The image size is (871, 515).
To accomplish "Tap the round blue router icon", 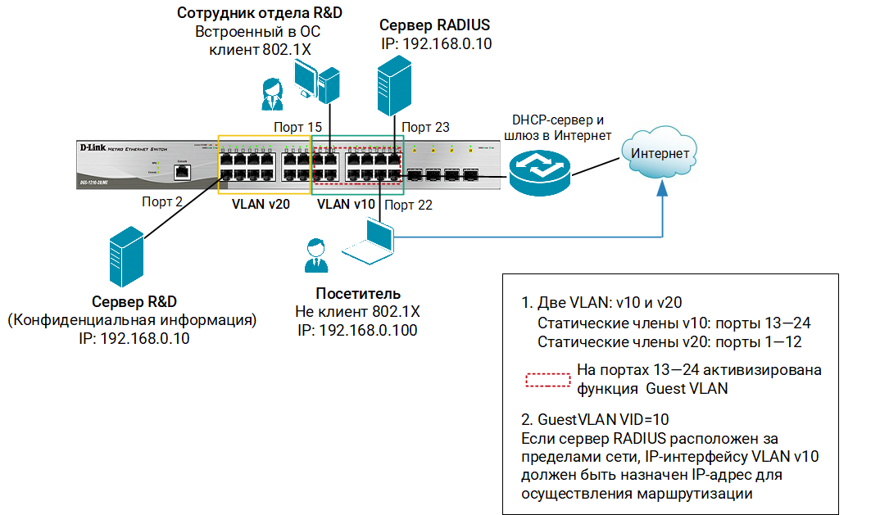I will pyautogui.click(x=538, y=167).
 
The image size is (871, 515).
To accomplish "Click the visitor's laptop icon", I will pyautogui.click(x=369, y=246).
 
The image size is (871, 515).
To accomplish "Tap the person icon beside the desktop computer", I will pyautogui.click(x=270, y=94).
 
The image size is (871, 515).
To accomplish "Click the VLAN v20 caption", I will pyautogui.click(x=257, y=204).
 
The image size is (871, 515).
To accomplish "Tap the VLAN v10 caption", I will pyautogui.click(x=346, y=204).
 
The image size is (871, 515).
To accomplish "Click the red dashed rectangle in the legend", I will pyautogui.click(x=547, y=380).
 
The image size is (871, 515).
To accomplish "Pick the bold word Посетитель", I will pyautogui.click(x=358, y=294).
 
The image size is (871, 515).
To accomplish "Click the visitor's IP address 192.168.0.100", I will pyautogui.click(x=358, y=330).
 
